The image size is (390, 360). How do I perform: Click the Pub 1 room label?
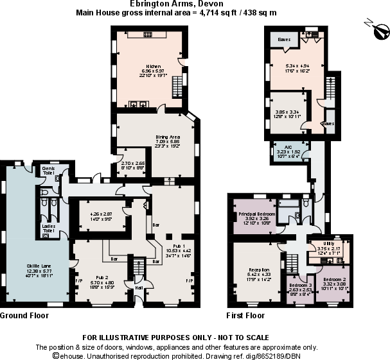pos(175,246)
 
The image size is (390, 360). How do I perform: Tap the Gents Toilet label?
pos(48,171)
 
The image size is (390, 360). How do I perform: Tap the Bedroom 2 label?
pos(335,280)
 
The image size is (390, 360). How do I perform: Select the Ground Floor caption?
pos(24,316)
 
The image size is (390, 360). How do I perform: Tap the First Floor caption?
pos(245,316)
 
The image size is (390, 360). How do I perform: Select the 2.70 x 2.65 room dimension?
pos(131,164)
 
